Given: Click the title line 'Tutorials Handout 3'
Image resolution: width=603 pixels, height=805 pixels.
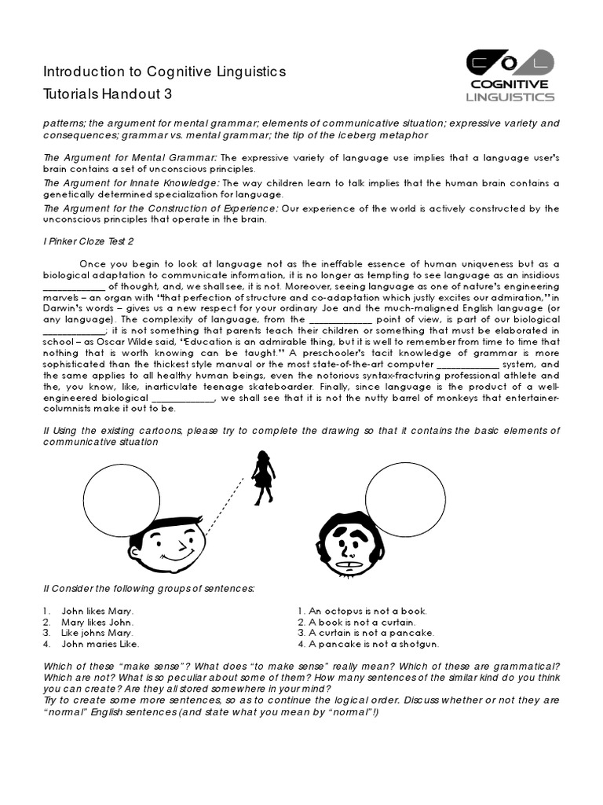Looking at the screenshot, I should coord(107,94).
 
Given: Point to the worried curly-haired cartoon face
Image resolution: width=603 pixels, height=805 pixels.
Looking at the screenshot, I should coord(350,545).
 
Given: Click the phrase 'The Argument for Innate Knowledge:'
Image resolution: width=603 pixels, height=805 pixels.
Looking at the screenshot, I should coord(131,183).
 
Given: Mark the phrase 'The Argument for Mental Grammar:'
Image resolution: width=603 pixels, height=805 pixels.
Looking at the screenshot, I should coord(130,158).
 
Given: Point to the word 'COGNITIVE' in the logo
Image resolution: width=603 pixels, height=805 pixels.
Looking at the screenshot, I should coord(510,84).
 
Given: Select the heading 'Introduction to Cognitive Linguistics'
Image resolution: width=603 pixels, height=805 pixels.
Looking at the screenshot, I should coord(164,72).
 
